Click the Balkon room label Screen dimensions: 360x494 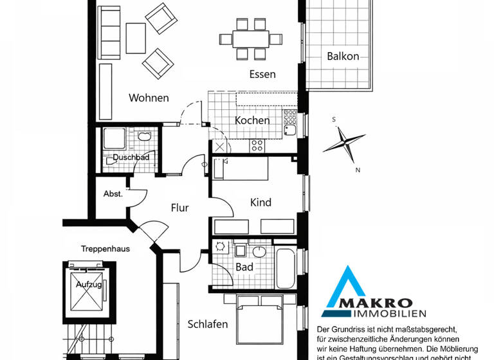343,56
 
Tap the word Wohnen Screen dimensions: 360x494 149,98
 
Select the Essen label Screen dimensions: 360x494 262,74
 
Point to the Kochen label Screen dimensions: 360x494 252,120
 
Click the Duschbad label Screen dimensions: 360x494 131,157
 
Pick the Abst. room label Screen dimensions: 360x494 113,194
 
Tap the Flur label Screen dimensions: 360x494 179,208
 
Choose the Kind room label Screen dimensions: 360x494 261,203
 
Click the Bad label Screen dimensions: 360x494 244,266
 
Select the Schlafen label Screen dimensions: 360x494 208,324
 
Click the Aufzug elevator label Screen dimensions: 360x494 89,284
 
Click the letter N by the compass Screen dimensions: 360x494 358,170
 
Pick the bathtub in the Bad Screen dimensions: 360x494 285,267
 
